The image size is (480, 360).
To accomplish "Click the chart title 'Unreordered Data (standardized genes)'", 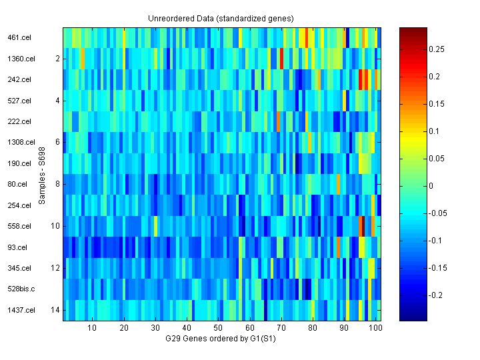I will click(221, 18).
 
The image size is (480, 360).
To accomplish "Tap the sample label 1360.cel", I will click(21, 59).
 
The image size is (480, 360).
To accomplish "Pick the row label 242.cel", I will click(19, 80).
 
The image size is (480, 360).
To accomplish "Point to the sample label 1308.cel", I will click(21, 143).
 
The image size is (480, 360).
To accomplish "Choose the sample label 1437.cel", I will click(21, 310).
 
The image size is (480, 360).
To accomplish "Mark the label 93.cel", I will click(17, 247).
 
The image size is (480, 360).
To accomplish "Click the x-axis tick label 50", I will click(218, 328).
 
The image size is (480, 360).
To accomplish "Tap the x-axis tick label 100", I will click(375, 328).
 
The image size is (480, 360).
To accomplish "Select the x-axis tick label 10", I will click(92, 328).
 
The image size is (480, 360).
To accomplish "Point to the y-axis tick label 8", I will click(57, 184).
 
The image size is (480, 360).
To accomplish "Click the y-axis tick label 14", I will click(55, 310).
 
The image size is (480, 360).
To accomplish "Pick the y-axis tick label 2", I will click(57, 59).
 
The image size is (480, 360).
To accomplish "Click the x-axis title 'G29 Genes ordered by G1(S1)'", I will click(221, 339).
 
